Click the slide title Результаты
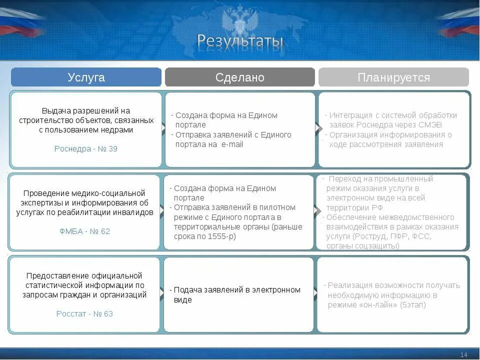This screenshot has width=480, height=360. tap(240, 41)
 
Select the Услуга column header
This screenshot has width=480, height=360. tap(86, 77)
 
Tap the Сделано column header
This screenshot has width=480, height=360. tap(240, 77)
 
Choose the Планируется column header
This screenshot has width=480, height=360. tap(393, 77)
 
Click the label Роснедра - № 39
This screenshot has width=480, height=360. tap(86, 148)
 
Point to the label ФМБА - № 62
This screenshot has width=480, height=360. tap(84, 231)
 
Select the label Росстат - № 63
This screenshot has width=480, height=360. tap(84, 313)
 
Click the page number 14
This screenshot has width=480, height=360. tap(463, 354)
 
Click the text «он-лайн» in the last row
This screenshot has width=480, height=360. tap(378, 304)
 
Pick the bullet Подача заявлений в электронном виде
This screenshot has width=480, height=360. tap(236, 294)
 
